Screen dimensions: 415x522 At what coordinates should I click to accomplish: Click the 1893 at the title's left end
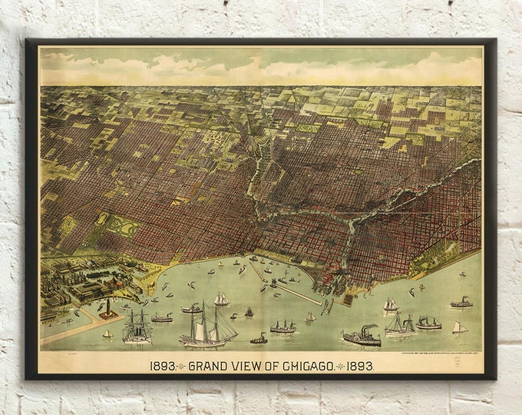163,366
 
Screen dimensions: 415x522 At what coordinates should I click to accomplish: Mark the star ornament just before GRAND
182,366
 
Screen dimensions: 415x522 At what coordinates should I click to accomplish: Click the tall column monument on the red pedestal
107,307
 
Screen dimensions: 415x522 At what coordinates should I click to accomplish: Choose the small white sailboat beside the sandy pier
107,334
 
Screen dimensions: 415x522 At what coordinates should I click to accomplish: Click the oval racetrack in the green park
102,219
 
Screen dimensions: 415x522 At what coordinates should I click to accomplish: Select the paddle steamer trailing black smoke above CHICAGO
362,336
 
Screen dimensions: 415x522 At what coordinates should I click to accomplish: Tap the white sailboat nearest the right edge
459,327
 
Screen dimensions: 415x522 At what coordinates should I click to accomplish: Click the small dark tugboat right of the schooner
259,338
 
